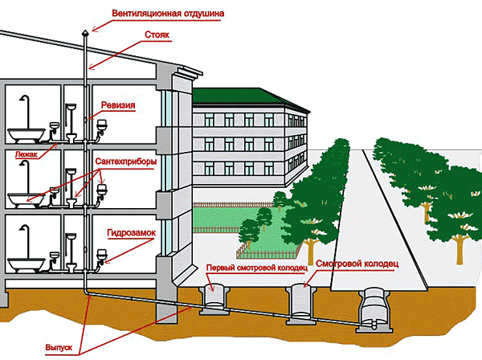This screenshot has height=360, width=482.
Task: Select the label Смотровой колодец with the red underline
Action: [x=357, y=263]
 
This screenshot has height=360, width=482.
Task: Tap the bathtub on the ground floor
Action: [x=25, y=263]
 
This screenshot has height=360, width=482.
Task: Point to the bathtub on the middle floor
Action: [x=25, y=198]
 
